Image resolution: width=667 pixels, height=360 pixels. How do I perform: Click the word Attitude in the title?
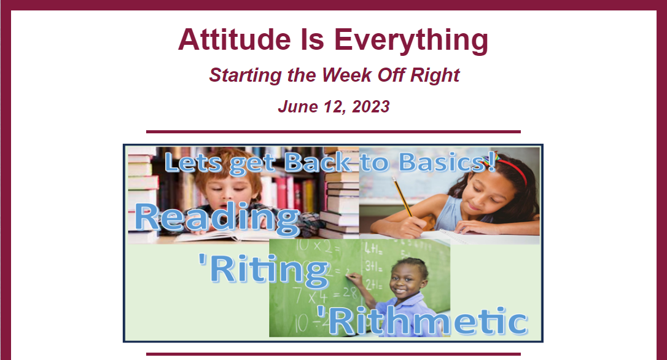pyautogui.click(x=235, y=39)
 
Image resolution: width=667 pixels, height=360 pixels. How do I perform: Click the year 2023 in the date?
pyautogui.click(x=370, y=106)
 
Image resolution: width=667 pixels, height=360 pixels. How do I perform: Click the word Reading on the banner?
pyautogui.click(x=217, y=219)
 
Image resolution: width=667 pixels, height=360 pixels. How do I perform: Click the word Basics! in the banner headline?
pyautogui.click(x=448, y=162)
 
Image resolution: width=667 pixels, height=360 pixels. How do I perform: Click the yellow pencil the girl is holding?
pyautogui.click(x=402, y=197)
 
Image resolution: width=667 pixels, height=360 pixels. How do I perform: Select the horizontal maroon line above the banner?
pyautogui.click(x=333, y=132)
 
